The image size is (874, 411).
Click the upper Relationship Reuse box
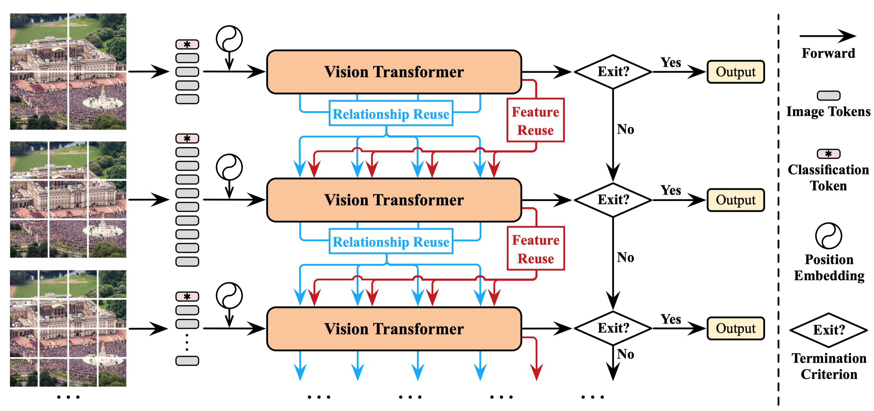tap(391, 113)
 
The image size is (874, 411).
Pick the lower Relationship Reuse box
tap(391, 241)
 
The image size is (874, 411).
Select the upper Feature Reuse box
tap(535, 120)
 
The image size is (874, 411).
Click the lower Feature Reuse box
tap(536, 248)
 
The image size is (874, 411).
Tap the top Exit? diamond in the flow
tap(613, 72)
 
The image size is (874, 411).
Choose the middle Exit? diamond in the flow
tap(613, 200)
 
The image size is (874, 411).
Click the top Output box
tap(736, 72)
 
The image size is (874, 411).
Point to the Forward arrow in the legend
tap(828, 36)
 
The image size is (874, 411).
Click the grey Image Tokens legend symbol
tap(829, 96)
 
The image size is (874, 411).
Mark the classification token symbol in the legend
tap(829, 154)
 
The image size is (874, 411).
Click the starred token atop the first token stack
tap(187, 44)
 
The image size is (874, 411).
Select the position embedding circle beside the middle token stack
tap(229, 167)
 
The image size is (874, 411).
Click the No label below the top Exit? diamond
tap(625, 129)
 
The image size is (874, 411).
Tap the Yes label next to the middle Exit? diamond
tap(671, 190)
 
